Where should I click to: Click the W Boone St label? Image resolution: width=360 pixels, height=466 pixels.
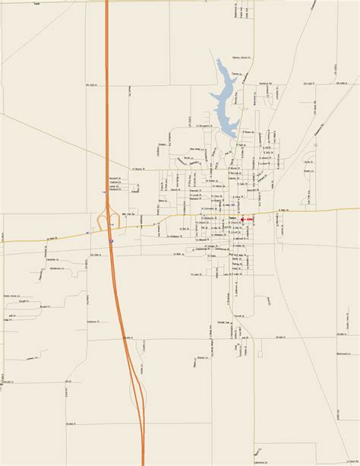pyautogui.click(x=137, y=169)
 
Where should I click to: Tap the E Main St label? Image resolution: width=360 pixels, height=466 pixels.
pyautogui.click(x=283, y=211)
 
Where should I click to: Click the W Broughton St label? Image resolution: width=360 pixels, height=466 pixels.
pyautogui.click(x=205, y=126)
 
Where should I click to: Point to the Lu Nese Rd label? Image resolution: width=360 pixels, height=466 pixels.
pyautogui.click(x=312, y=199)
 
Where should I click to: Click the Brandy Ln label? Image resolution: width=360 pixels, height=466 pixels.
pyautogui.click(x=203, y=357)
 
